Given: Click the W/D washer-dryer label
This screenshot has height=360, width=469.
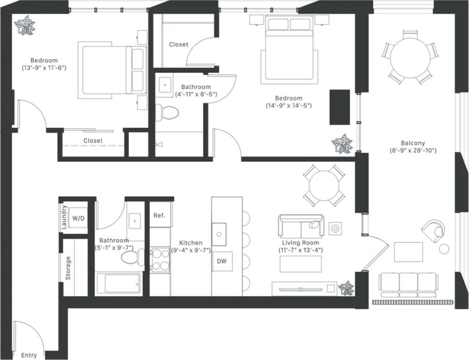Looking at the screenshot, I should tap(79, 218).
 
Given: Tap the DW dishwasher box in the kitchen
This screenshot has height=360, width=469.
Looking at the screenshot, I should tap(222, 261).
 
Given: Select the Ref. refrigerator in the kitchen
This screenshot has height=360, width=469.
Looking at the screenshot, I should tap(159, 216).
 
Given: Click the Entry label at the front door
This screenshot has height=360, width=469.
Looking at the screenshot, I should tap(29, 355).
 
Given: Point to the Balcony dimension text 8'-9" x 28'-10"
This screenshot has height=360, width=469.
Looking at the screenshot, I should tap(413, 151).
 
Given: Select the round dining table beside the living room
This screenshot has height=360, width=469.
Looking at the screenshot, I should tap(324, 186).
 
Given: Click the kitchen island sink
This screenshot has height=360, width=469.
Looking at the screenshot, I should tap(219, 234).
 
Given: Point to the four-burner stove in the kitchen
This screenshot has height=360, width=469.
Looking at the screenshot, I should tap(160, 260).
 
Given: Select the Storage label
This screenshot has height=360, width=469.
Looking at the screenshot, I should tap(68, 268).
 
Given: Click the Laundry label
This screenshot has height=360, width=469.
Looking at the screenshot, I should tap(64, 217).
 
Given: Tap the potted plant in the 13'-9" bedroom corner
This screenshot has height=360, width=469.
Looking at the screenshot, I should tap(25, 26).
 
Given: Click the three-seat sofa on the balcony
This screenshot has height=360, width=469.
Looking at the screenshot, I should tap(408, 284).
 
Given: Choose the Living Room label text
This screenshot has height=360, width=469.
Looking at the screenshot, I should tap(301, 242).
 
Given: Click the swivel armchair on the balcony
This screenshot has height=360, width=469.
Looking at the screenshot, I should tap(433, 230).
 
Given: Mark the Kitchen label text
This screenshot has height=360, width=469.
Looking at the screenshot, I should tap(191, 242).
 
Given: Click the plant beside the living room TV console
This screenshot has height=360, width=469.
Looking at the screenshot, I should tap(346, 288).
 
